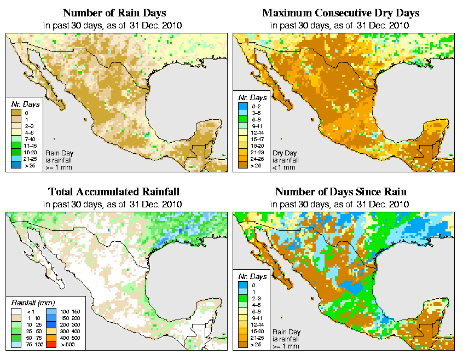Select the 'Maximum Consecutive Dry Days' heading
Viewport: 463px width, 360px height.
point(340,13)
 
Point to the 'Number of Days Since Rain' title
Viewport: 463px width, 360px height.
point(340,192)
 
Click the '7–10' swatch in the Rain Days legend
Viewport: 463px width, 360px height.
point(17,138)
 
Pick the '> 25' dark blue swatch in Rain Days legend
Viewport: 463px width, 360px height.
point(17,165)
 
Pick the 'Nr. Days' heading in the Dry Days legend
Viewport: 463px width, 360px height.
point(254,97)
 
